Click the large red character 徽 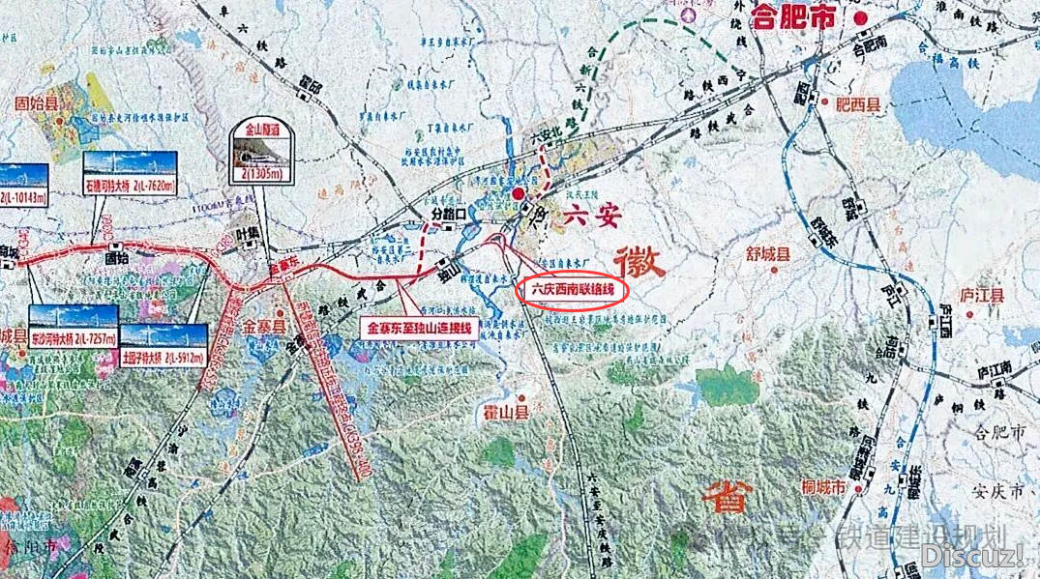coord(639,261)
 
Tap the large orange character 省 coord(726,498)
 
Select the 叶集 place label coord(249,232)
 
